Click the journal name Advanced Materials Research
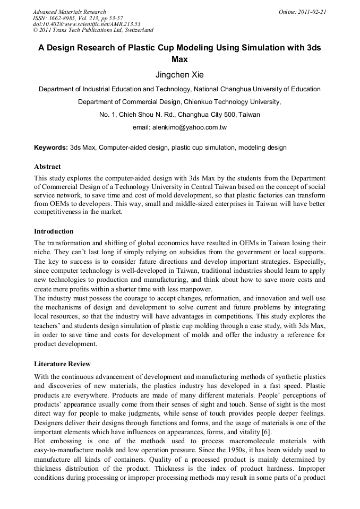[x=70, y=12]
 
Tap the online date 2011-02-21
[x=311, y=12]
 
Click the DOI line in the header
[x=87, y=24]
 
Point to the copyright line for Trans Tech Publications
[x=93, y=30]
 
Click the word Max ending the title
[x=179, y=60]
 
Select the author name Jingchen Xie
[x=179, y=75]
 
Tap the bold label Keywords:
[x=51, y=147]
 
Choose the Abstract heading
[x=47, y=167]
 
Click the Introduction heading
[x=54, y=231]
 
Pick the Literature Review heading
[x=62, y=364]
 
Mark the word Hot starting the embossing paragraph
[x=40, y=441]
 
